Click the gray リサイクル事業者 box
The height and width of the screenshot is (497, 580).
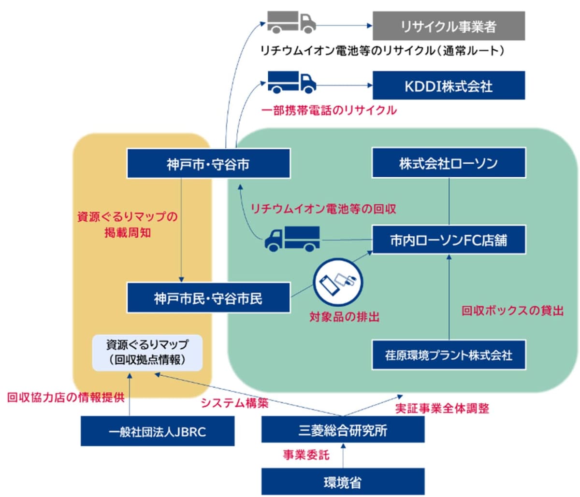[x=448, y=26]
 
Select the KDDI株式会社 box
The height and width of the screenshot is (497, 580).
[x=448, y=86]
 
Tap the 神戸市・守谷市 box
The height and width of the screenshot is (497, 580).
[x=208, y=164]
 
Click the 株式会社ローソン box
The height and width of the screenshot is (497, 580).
[x=448, y=163]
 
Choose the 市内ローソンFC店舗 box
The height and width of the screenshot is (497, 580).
[x=448, y=240]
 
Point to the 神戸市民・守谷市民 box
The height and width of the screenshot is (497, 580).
[x=208, y=298]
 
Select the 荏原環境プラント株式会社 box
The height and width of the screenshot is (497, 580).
[x=448, y=355]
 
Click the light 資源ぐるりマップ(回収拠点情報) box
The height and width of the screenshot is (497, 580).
[x=147, y=353]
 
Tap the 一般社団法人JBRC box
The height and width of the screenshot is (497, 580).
[x=157, y=431]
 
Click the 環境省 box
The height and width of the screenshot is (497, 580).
[x=343, y=482]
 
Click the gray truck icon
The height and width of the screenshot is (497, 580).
[x=291, y=22]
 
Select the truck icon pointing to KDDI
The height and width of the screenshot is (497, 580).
[x=291, y=82]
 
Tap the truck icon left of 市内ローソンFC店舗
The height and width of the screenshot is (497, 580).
[x=292, y=238]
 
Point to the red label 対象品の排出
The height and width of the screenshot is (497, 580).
[x=344, y=317]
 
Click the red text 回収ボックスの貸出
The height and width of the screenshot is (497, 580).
[x=512, y=310]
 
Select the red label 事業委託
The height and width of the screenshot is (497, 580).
[x=306, y=454]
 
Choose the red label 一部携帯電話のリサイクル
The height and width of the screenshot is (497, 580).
[x=329, y=110]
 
